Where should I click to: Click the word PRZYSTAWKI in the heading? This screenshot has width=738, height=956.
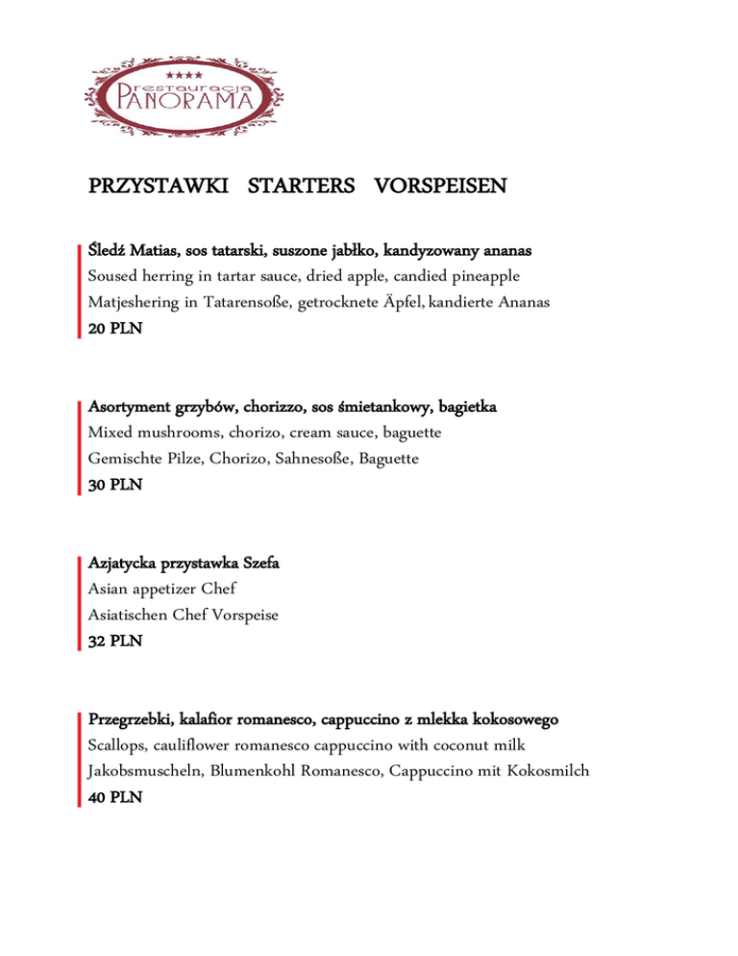[x=158, y=185]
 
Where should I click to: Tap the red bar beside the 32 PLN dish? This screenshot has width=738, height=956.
[x=78, y=602]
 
